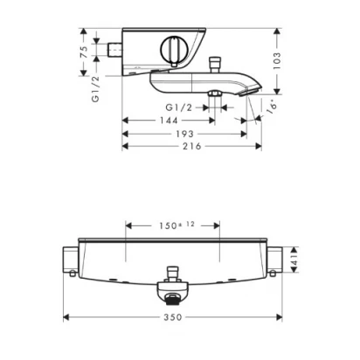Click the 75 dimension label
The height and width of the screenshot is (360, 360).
point(84,52)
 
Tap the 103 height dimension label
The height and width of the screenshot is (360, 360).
point(277,60)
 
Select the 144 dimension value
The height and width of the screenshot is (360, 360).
point(169,121)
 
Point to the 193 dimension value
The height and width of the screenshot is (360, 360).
point(184,134)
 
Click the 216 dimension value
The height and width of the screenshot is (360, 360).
point(192,146)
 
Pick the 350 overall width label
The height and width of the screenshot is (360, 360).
point(173,317)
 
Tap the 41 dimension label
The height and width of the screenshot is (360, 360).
point(294,260)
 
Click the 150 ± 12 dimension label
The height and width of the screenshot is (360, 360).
point(177,225)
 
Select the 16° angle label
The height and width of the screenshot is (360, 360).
point(272,107)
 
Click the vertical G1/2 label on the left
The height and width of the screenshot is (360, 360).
point(95,89)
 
